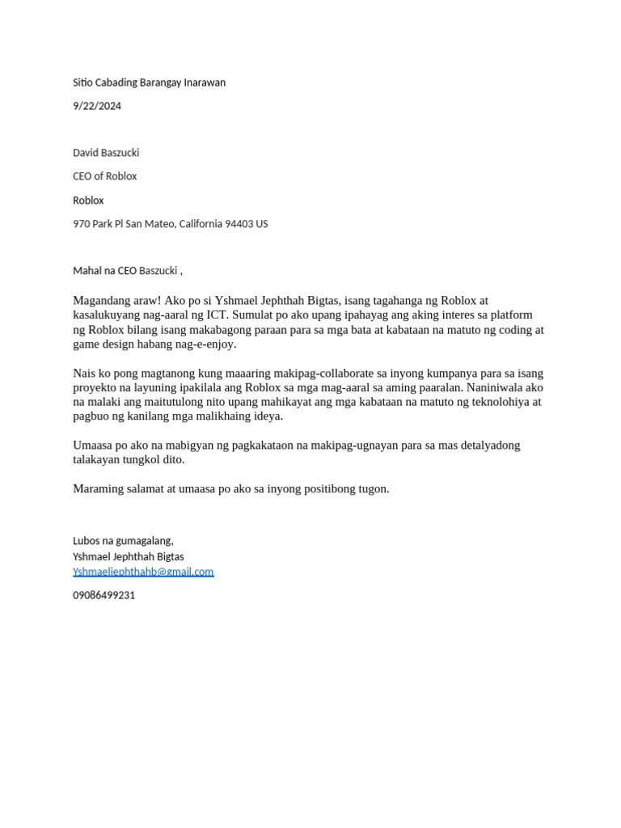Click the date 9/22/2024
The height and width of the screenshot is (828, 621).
tap(97, 106)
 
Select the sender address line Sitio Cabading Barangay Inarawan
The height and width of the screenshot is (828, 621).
tap(149, 82)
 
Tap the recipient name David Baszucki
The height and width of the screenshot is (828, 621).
tap(106, 153)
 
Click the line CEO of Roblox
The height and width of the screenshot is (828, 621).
tap(104, 176)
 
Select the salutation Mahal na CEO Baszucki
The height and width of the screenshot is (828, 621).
tap(126, 270)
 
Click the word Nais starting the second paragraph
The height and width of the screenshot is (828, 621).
tap(85, 374)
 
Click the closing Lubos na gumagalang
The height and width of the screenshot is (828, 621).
tap(123, 541)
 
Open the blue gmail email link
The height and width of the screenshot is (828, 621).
tap(143, 572)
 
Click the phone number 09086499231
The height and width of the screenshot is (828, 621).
tap(104, 595)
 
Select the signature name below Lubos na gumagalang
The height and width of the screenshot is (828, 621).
tap(128, 557)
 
